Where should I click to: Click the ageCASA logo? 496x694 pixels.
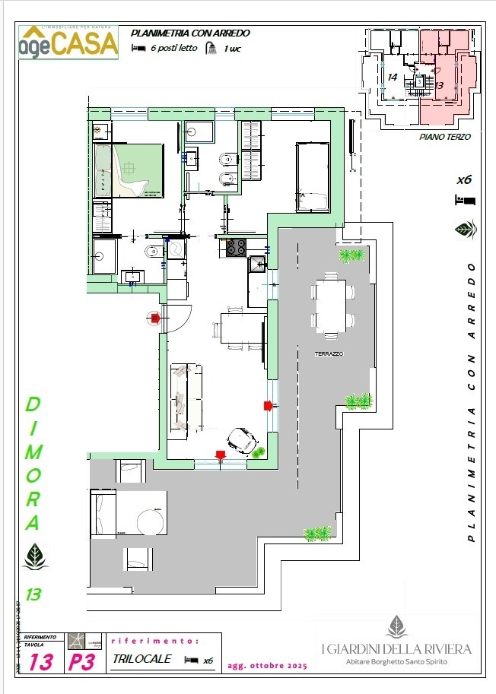68,42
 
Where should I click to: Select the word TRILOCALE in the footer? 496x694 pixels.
141,659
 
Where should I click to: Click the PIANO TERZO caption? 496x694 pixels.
445,137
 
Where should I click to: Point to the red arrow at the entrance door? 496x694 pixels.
154,318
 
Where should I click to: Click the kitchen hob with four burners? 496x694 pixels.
235,247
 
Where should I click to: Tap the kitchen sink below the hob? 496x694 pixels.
258,264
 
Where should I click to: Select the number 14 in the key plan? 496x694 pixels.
393,78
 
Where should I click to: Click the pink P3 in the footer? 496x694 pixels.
81,662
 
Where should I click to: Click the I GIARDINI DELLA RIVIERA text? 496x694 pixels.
396,648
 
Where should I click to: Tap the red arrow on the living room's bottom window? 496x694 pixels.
221,455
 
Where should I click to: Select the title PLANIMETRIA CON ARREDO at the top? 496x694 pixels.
190,33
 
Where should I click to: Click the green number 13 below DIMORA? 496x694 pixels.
33,594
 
